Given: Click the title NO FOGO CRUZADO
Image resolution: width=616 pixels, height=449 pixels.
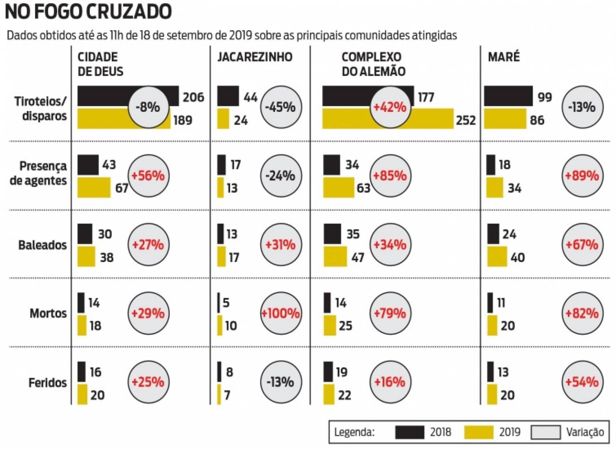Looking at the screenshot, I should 88,12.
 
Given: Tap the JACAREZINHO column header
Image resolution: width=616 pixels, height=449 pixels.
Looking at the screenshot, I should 255,57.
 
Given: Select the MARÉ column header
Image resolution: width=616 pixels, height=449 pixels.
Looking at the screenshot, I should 503,57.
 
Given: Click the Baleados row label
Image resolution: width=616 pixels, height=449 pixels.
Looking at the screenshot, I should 42,245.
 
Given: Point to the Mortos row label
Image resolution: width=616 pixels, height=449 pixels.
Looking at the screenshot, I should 48,313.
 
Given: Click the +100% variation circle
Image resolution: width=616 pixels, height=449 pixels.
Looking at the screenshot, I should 281,313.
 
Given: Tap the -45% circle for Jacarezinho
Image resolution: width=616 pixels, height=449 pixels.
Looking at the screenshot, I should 281,107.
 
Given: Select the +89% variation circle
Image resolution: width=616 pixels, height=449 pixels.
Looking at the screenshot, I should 582,176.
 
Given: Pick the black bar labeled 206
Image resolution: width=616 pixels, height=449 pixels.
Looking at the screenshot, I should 103,96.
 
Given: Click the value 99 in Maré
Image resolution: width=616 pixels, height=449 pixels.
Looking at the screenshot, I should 545,97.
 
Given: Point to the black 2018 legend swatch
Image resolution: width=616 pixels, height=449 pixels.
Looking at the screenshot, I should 409,432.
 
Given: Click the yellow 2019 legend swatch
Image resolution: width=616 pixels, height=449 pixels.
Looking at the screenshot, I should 478,432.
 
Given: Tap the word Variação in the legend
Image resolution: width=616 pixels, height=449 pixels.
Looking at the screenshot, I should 585,432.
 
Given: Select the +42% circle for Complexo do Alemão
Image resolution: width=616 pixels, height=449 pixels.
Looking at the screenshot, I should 390,107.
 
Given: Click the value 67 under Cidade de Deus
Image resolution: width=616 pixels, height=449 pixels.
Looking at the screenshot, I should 122,188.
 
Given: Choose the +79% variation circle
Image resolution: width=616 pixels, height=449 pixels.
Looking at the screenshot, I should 390,313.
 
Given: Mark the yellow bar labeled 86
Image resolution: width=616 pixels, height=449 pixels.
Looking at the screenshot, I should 505,119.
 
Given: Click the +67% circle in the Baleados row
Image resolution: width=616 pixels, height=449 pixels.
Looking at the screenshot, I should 582,245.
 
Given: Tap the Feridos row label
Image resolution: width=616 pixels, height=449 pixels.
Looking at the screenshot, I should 47,383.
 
